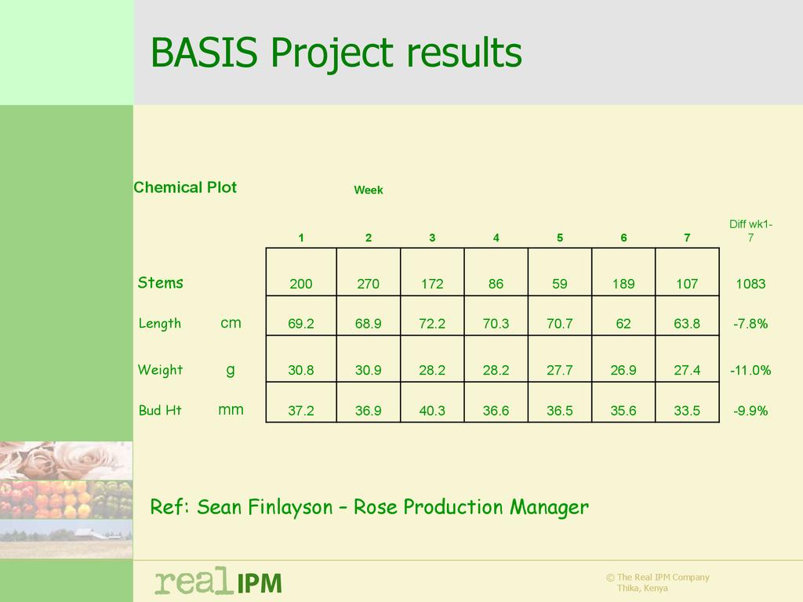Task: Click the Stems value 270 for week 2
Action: pyautogui.click(x=369, y=284)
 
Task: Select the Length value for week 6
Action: pyautogui.click(x=623, y=324)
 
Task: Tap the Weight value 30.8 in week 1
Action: pyautogui.click(x=300, y=370)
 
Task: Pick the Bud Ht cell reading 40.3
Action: pyautogui.click(x=432, y=411)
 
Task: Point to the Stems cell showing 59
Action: pyautogui.click(x=560, y=284)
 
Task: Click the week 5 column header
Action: pyautogui.click(x=560, y=238)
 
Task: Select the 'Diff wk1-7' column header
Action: pyautogui.click(x=750, y=231)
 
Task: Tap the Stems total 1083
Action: pyautogui.click(x=750, y=284)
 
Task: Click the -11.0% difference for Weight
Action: pyautogui.click(x=750, y=370)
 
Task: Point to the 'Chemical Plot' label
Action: pyautogui.click(x=185, y=187)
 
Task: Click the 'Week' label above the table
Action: pyautogui.click(x=369, y=190)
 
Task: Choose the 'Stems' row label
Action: pyautogui.click(x=160, y=282)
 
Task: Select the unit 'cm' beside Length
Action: pyautogui.click(x=231, y=323)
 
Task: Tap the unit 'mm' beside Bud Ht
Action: pyautogui.click(x=231, y=409)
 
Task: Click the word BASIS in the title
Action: pyautogui.click(x=204, y=53)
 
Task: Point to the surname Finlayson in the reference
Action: pyautogui.click(x=290, y=507)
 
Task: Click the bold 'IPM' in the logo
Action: pyautogui.click(x=259, y=583)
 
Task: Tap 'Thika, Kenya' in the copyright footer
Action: pyautogui.click(x=642, y=588)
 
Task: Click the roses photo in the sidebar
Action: pyautogui.click(x=66, y=461)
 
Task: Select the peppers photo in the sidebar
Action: pyautogui.click(x=66, y=499)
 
